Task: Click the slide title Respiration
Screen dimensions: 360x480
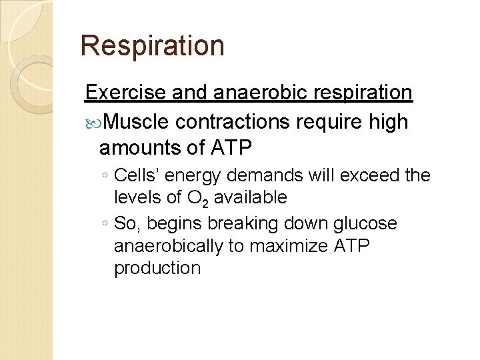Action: [x=152, y=46]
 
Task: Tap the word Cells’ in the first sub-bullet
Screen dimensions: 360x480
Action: [x=137, y=176]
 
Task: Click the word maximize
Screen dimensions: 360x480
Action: [x=289, y=246]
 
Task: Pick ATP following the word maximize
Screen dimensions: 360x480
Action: [x=351, y=246]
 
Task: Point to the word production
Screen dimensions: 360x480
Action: [x=157, y=268]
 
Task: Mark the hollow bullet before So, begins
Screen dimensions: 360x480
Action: [x=106, y=223]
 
